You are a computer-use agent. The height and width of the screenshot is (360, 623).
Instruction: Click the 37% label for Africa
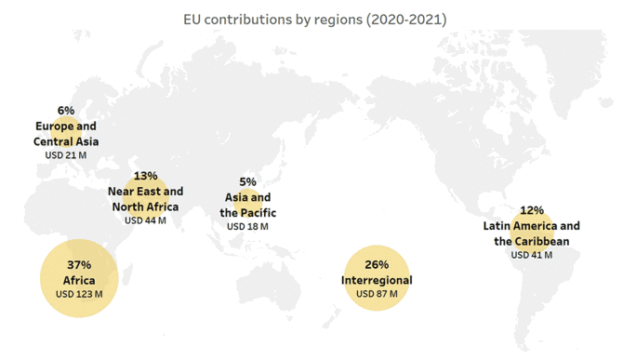pyautogui.click(x=79, y=265)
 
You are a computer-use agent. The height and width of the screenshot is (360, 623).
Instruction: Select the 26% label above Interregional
pyautogui.click(x=377, y=265)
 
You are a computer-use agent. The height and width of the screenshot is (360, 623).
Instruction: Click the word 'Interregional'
pyautogui.click(x=377, y=280)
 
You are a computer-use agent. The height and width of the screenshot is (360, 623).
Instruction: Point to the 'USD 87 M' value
pyautogui.click(x=377, y=294)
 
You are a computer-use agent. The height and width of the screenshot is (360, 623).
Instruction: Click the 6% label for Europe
pyautogui.click(x=65, y=111)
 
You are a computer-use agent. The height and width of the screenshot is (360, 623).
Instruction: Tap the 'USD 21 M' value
pyautogui.click(x=65, y=154)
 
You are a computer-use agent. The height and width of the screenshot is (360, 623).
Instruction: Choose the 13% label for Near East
pyautogui.click(x=145, y=176)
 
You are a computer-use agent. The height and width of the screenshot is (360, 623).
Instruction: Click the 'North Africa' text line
pyautogui.click(x=145, y=207)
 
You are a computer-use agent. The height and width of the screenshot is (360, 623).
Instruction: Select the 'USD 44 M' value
pyautogui.click(x=145, y=220)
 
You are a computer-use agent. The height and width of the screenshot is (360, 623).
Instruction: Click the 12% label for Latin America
pyautogui.click(x=532, y=210)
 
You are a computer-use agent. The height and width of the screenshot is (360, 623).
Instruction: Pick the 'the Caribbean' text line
pyautogui.click(x=532, y=241)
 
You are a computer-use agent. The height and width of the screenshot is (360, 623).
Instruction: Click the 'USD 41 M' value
pyautogui.click(x=532, y=255)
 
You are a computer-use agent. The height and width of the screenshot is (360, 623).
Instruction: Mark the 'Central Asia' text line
pyautogui.click(x=65, y=140)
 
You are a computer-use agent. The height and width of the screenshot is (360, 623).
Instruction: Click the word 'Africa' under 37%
pyautogui.click(x=79, y=280)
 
